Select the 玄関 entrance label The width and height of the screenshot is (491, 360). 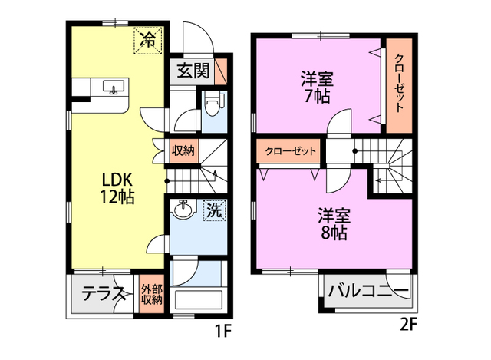click(193, 71)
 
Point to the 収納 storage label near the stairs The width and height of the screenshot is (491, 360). click(183, 150)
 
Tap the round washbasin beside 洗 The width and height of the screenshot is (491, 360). click(183, 210)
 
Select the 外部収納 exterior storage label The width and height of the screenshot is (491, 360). click(152, 294)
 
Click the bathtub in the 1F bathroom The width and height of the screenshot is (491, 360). click(198, 299)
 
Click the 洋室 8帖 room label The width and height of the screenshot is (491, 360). click(334, 223)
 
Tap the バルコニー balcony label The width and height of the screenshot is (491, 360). click(369, 292)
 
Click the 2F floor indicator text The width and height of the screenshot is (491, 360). click(407, 323)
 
